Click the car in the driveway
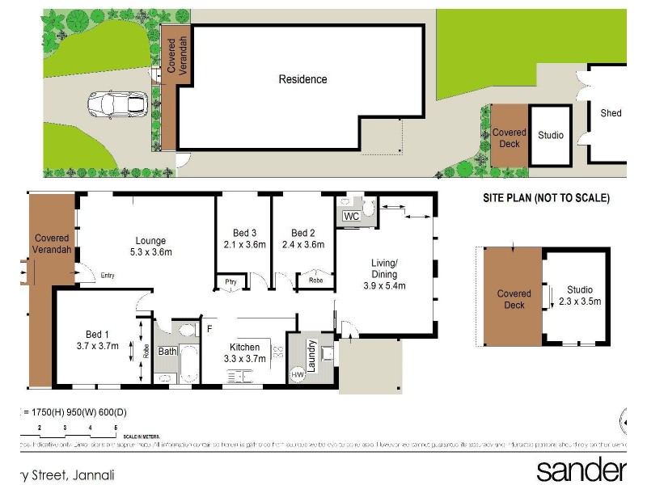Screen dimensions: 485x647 click(117, 104)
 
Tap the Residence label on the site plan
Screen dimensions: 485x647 click(302, 79)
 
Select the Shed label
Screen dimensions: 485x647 click(611, 113)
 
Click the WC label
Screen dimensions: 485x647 click(351, 217)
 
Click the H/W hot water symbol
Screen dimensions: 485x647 click(297, 374)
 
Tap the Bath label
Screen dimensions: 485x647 click(167, 352)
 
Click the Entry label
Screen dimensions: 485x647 click(108, 276)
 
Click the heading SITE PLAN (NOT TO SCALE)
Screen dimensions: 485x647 click(546, 198)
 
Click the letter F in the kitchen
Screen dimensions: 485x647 click(209, 328)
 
